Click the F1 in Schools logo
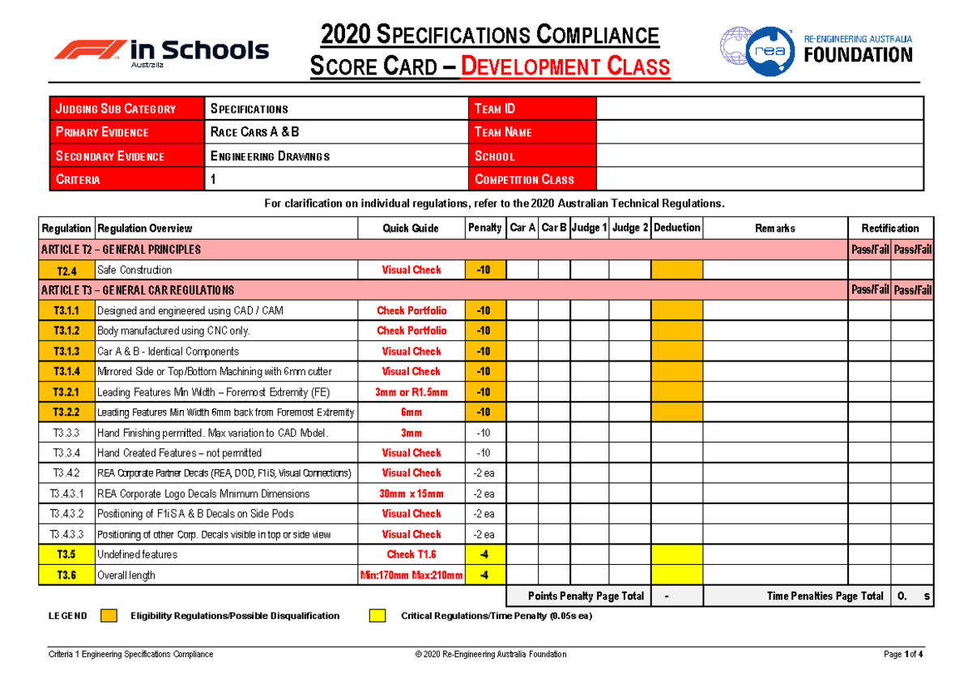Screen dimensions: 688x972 click(161, 51)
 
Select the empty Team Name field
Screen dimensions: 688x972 click(759, 132)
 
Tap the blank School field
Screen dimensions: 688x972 click(759, 156)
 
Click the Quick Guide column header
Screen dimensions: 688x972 click(411, 229)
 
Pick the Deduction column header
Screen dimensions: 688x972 click(676, 228)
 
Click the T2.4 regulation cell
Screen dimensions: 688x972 click(66, 270)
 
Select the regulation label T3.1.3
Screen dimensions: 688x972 click(66, 352)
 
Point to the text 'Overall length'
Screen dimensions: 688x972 click(126, 575)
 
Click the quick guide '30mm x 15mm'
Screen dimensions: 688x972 click(411, 494)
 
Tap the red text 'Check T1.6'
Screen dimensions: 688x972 click(411, 554)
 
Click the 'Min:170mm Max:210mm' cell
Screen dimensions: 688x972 click(411, 575)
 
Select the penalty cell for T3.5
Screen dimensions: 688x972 click(484, 554)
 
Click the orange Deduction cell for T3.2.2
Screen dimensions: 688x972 click(676, 412)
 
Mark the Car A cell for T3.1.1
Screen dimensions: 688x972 click(522, 310)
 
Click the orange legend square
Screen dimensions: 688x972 click(109, 616)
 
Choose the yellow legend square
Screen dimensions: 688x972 click(377, 616)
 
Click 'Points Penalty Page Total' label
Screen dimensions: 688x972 click(586, 596)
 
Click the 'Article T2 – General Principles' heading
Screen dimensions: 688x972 click(121, 250)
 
